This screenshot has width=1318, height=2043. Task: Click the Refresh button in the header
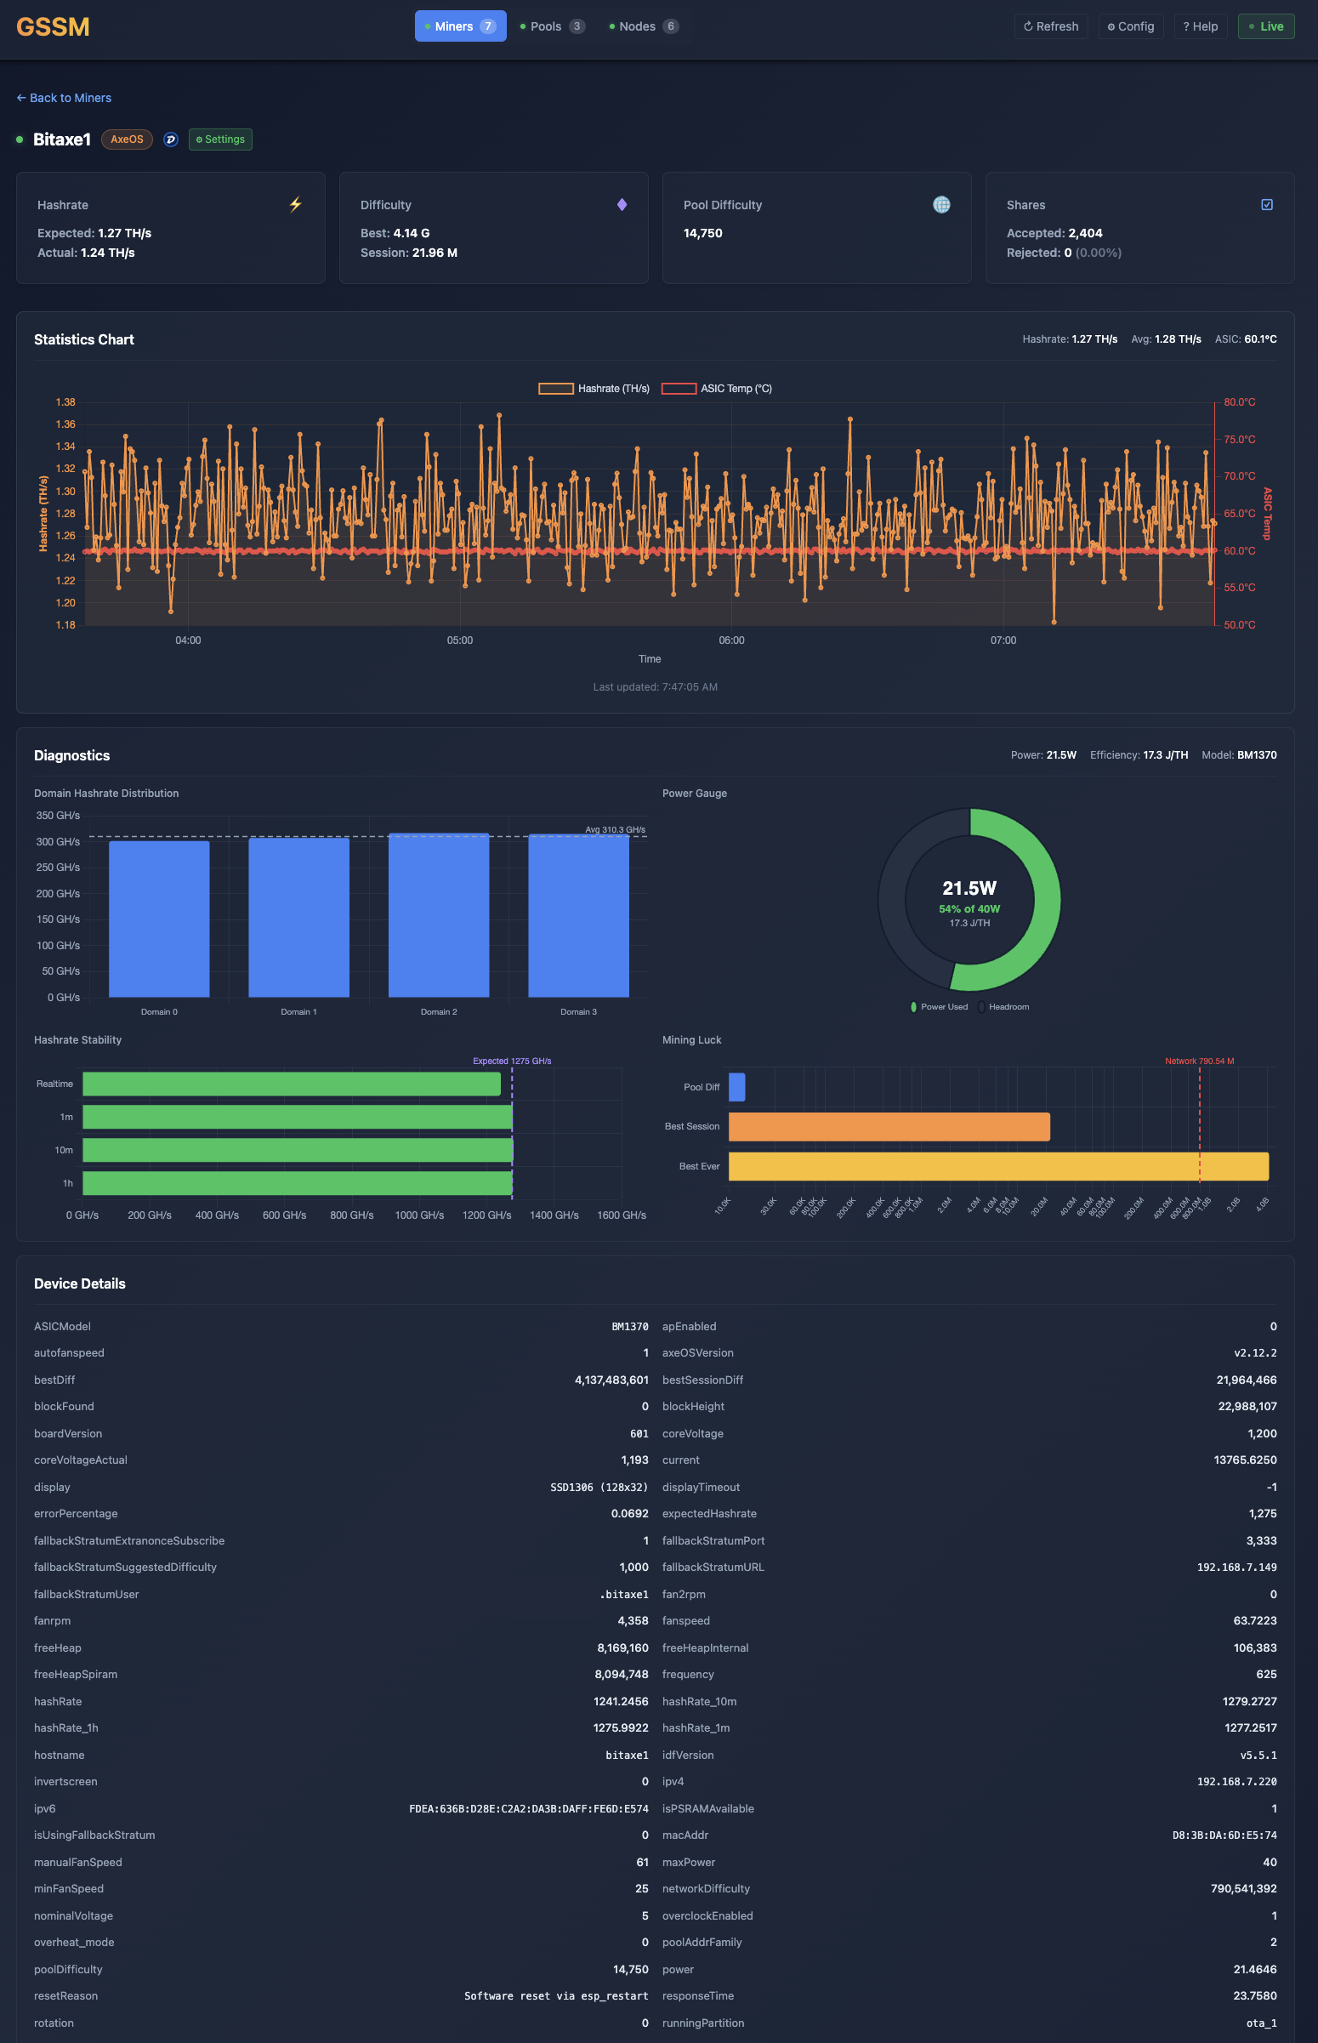point(1050,26)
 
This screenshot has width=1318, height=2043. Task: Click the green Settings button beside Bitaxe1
point(220,139)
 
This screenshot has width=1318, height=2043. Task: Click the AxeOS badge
point(127,139)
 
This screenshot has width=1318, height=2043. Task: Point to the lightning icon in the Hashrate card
point(295,205)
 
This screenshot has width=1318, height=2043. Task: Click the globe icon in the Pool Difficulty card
point(940,205)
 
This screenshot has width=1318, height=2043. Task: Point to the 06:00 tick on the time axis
point(731,640)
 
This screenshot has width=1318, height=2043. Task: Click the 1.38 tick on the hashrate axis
point(65,402)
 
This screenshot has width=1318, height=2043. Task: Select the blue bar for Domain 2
point(438,915)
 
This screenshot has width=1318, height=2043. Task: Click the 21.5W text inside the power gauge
point(969,888)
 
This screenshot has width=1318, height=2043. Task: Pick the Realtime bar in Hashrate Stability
point(291,1084)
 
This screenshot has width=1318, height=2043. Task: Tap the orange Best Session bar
point(889,1126)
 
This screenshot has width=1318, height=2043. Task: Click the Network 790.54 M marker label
point(1198,1061)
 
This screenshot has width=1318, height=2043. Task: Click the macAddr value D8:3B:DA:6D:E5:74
point(1224,1835)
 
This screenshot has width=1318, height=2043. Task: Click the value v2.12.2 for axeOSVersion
point(1255,1353)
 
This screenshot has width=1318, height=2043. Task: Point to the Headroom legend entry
point(1008,1006)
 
